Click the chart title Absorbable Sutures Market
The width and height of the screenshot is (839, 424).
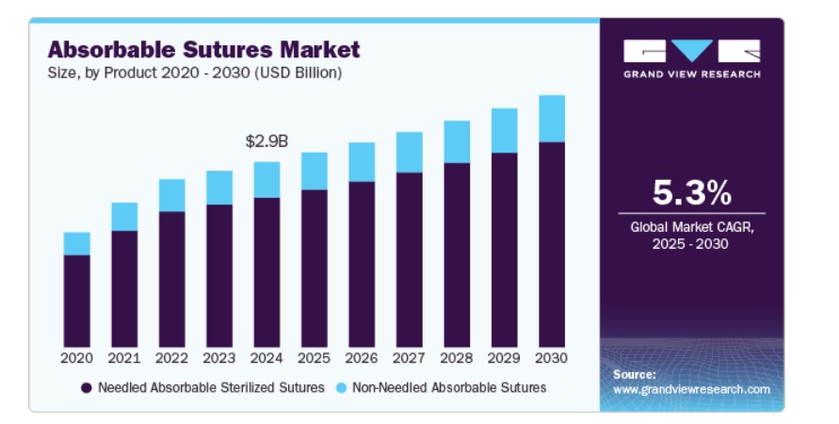tap(203, 48)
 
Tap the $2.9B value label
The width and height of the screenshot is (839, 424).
tap(266, 141)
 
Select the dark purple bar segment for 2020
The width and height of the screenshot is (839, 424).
tap(77, 301)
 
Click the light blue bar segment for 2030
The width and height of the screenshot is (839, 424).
tap(552, 119)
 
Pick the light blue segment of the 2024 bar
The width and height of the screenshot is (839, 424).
tap(266, 179)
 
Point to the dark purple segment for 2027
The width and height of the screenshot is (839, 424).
tap(409, 259)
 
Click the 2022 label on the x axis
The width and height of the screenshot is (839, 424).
tap(171, 358)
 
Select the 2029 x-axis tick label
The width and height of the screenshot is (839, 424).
tap(504, 358)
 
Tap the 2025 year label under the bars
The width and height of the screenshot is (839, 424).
tap(314, 358)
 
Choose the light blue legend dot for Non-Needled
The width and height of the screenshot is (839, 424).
tap(341, 387)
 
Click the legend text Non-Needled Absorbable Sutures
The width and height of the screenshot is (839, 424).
tap(448, 387)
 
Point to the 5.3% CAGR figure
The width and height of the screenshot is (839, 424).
tap(692, 193)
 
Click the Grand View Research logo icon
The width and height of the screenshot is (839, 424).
tap(691, 51)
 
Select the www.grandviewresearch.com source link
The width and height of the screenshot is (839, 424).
tap(691, 389)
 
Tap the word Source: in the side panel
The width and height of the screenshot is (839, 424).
tap(634, 374)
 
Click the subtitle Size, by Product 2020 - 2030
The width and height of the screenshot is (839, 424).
tap(194, 72)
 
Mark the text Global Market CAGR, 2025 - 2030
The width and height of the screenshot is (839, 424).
tap(692, 236)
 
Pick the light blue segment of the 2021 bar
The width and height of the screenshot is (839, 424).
tap(124, 217)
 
